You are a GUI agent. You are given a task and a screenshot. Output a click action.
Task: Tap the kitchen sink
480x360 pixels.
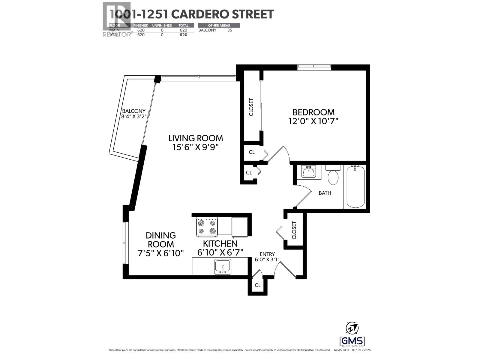click(x=223, y=267)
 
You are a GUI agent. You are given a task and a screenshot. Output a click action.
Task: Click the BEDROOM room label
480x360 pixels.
click(x=313, y=112)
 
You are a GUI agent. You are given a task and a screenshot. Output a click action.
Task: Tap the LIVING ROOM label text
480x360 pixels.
click(x=196, y=138)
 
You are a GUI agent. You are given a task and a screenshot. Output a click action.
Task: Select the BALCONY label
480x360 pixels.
click(x=133, y=111)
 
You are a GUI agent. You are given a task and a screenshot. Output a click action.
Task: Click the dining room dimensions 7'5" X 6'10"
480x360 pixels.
click(x=160, y=253)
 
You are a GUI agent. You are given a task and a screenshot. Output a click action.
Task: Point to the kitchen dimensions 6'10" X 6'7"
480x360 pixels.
click(x=220, y=252)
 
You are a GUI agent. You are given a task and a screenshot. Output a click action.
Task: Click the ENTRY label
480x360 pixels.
click(x=267, y=254)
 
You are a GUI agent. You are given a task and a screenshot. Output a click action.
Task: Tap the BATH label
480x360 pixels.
click(x=325, y=193)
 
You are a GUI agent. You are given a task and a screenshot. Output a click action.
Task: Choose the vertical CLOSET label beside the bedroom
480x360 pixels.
click(x=251, y=107)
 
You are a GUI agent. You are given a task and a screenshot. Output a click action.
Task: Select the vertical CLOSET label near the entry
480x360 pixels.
click(x=294, y=230)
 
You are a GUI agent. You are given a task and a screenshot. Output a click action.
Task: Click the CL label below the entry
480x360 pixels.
click(x=257, y=285)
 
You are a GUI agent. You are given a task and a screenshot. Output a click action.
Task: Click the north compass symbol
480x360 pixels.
click(x=352, y=328)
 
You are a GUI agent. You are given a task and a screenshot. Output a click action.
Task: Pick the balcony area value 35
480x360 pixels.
click(x=229, y=30)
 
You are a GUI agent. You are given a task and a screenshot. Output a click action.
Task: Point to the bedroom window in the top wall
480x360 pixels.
click(x=314, y=67)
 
